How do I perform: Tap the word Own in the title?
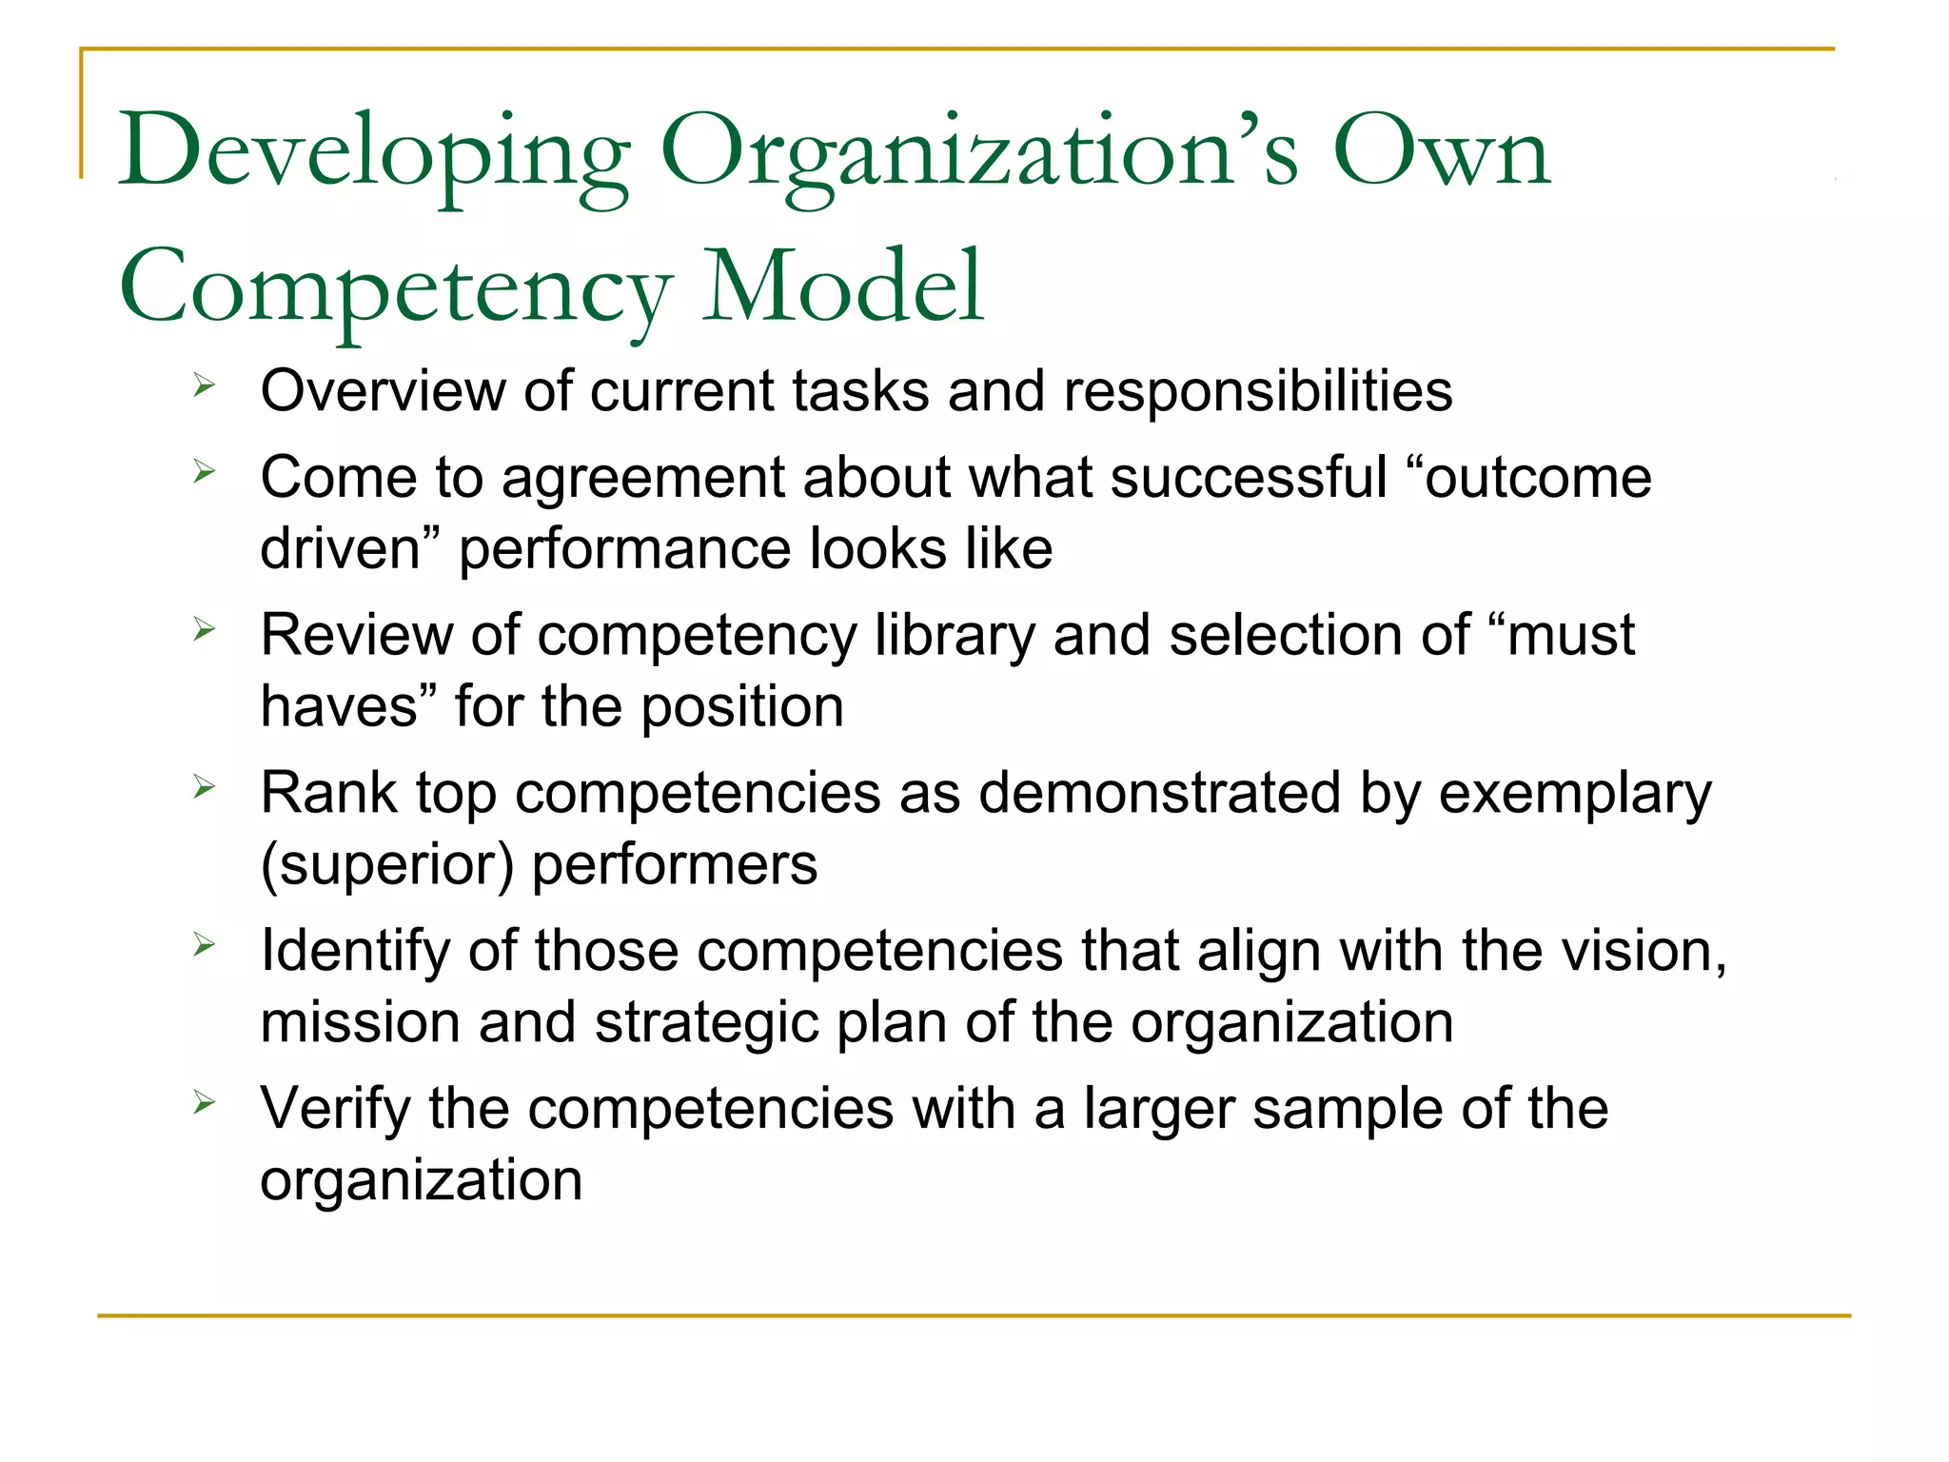coord(1441,152)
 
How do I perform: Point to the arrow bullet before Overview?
coord(204,385)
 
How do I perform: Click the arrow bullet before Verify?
coord(204,1103)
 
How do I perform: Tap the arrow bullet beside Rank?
coord(204,787)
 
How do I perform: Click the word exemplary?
coord(1574,794)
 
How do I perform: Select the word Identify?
coord(355,952)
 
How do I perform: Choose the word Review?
coord(357,635)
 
